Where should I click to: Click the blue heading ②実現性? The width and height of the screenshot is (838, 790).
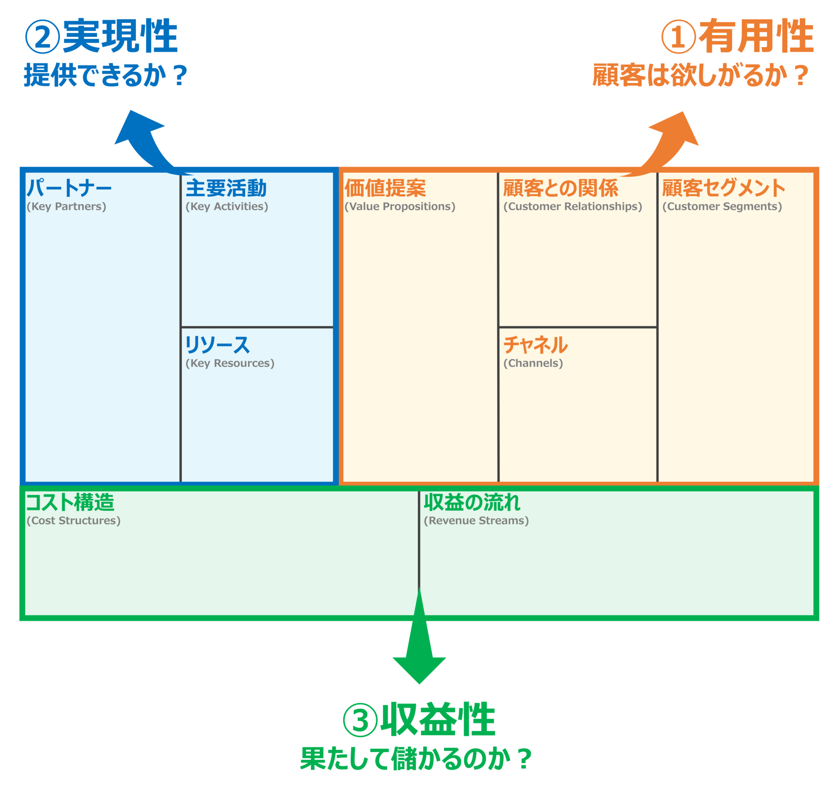[101, 37]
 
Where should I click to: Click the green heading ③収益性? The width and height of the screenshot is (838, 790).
[419, 720]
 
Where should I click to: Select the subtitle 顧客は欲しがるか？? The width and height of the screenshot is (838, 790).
[700, 75]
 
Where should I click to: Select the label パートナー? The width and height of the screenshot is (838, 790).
[69, 188]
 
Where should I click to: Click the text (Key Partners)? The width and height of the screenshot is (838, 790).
[66, 206]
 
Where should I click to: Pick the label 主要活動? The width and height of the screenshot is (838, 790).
[226, 188]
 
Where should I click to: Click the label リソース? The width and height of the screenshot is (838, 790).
[217, 345]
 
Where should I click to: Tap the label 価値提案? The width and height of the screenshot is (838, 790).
[385, 188]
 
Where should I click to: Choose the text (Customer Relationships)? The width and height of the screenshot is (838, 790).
[572, 206]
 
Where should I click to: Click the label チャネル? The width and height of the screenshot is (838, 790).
[535, 345]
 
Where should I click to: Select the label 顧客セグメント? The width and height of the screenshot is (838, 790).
[723, 188]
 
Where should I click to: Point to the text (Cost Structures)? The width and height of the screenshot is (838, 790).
[73, 521]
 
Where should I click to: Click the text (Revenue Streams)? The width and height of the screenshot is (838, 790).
[476, 521]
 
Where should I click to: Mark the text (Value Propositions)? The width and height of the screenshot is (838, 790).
[400, 206]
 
